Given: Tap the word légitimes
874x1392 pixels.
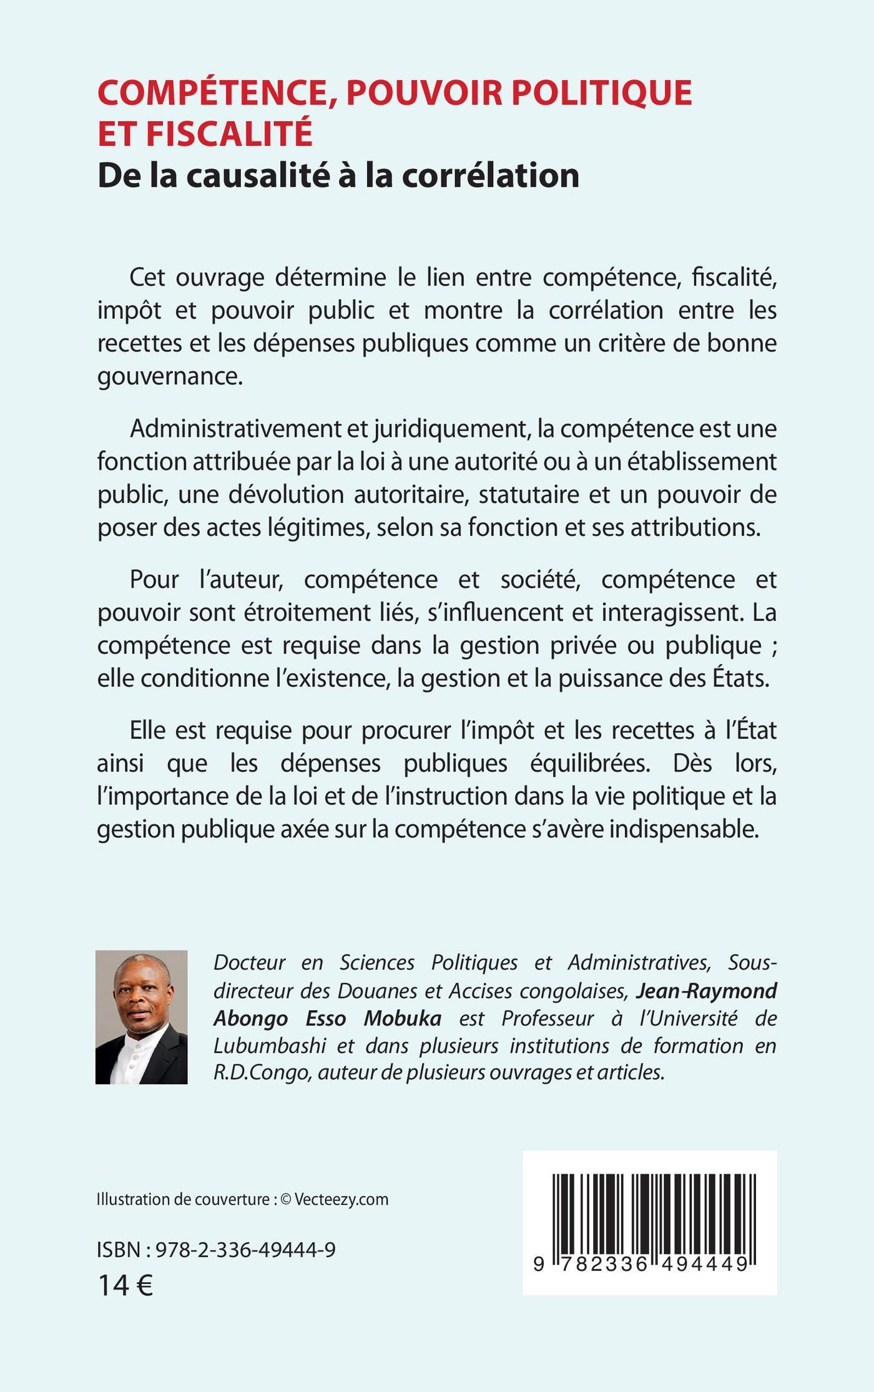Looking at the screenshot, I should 312,528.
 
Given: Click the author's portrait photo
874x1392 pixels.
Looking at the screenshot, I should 142,1017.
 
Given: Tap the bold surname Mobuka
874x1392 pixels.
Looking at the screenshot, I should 403,1018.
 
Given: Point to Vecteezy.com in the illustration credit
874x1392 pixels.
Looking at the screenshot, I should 341,1199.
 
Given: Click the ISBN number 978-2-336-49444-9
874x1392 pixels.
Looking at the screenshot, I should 245,1249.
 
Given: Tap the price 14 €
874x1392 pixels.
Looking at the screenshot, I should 125,1285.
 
